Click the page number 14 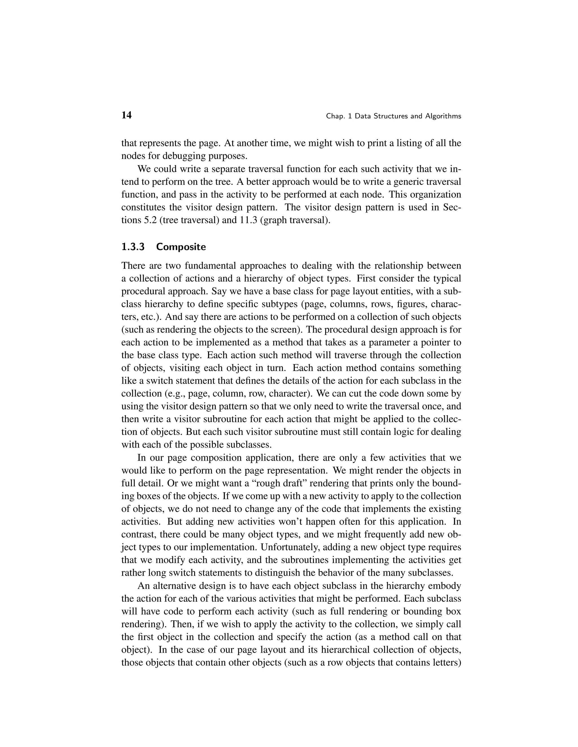coord(126,115)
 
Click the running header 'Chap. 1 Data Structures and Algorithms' coord(393,116)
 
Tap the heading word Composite coord(181,247)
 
